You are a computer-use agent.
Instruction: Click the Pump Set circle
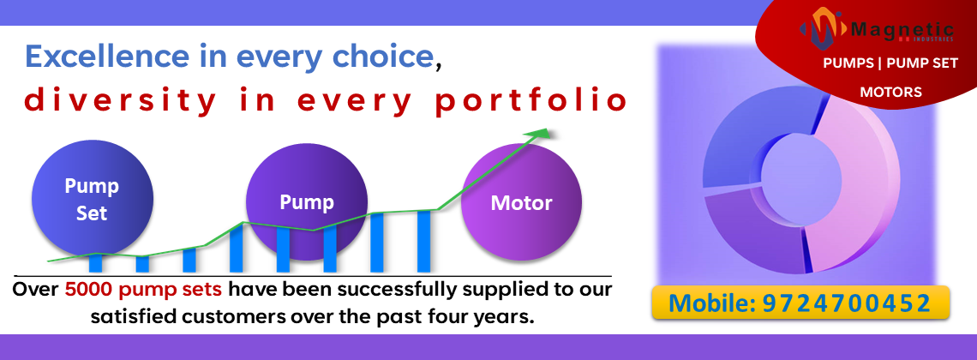93,200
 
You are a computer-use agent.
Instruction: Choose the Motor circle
522,203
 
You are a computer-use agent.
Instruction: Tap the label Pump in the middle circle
307,201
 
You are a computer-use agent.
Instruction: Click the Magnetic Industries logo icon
824,28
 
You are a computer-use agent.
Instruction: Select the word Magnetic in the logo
902,29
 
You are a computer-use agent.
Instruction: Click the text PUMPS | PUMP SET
890,63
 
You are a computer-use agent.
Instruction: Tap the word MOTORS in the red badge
891,93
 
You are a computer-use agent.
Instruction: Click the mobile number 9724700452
847,303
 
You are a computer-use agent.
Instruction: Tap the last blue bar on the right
423,241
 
